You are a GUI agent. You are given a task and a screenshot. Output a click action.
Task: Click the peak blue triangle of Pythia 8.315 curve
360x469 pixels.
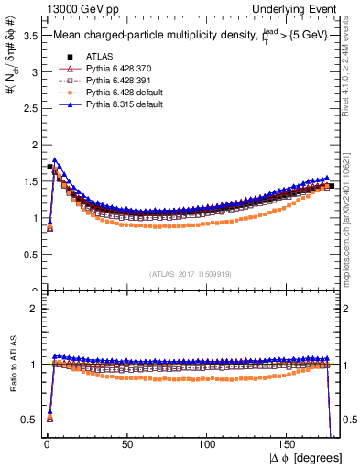point(55,159)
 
